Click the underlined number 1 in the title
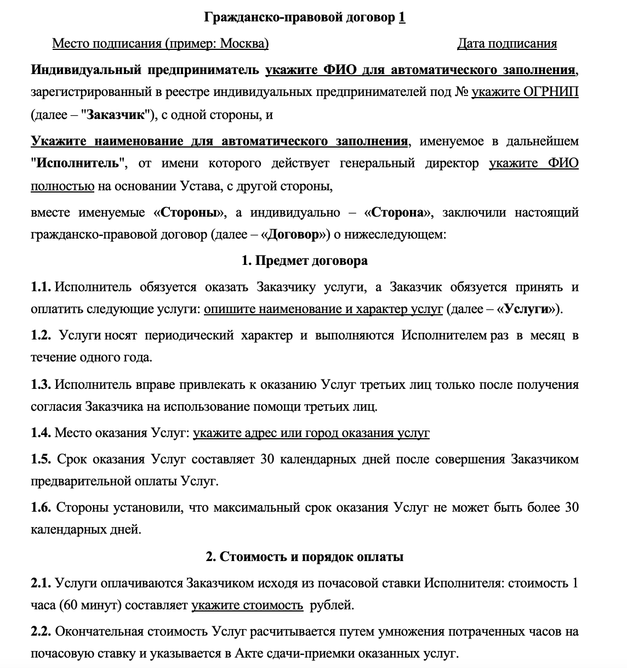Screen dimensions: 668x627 (x=402, y=18)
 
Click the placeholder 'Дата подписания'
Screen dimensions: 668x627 (x=506, y=43)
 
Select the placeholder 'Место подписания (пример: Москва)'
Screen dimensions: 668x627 (x=160, y=43)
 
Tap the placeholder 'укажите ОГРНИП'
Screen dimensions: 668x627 (x=525, y=92)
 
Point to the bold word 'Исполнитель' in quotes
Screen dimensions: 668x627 (x=76, y=163)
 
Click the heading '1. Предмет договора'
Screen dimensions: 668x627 (x=304, y=261)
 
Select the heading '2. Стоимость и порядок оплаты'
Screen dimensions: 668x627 (x=304, y=557)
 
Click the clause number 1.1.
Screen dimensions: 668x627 (x=41, y=287)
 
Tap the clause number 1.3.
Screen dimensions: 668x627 (x=41, y=384)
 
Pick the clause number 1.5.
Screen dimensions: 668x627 (x=41, y=459)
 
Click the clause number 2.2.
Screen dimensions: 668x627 (x=41, y=631)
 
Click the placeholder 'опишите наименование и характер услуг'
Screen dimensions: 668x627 (x=323, y=309)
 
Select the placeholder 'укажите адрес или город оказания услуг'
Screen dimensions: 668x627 (x=311, y=433)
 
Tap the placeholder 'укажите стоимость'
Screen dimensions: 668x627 (x=247, y=605)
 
